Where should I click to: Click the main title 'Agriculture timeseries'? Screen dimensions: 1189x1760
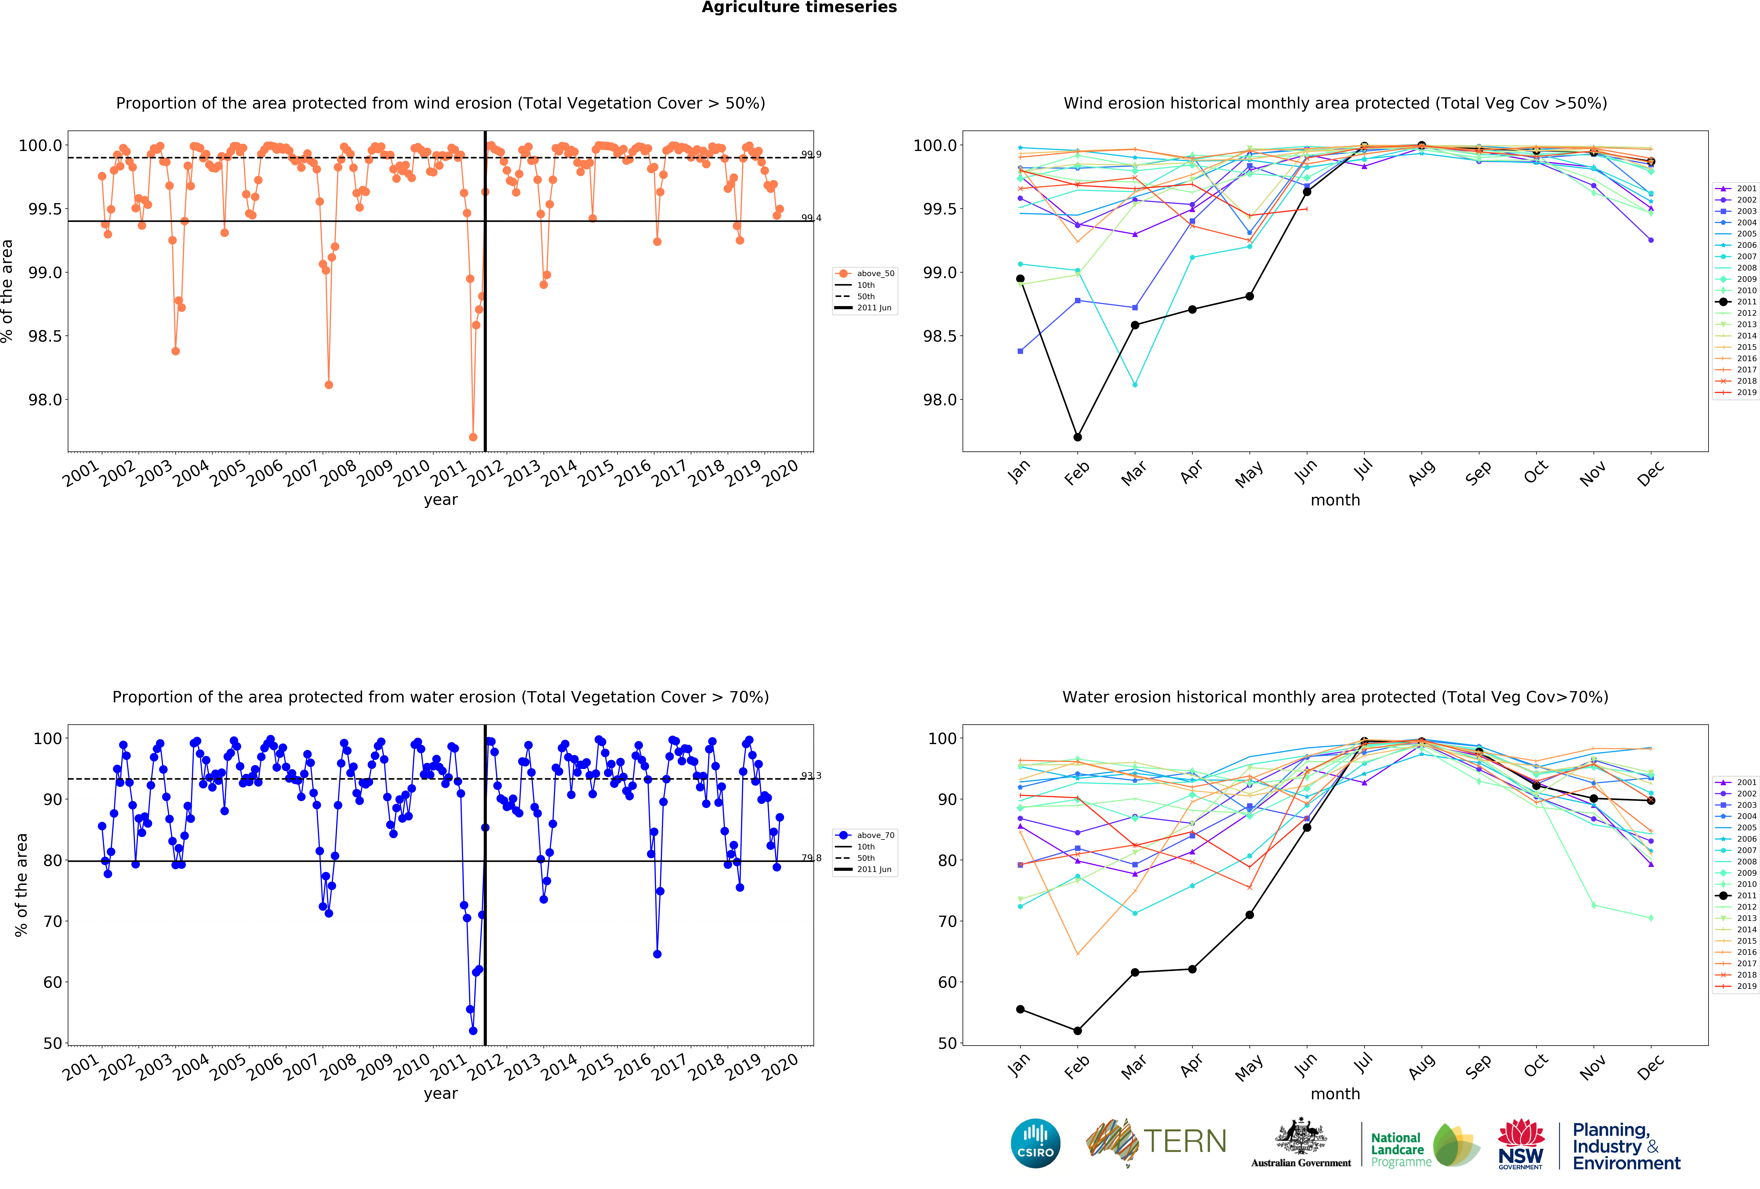(x=799, y=8)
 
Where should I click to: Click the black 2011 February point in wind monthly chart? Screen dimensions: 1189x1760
(x=1078, y=437)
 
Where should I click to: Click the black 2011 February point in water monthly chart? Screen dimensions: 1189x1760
(x=1078, y=1031)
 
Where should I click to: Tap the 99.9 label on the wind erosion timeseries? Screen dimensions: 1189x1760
(x=811, y=155)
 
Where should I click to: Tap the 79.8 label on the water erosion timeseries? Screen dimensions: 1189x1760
(x=811, y=858)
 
